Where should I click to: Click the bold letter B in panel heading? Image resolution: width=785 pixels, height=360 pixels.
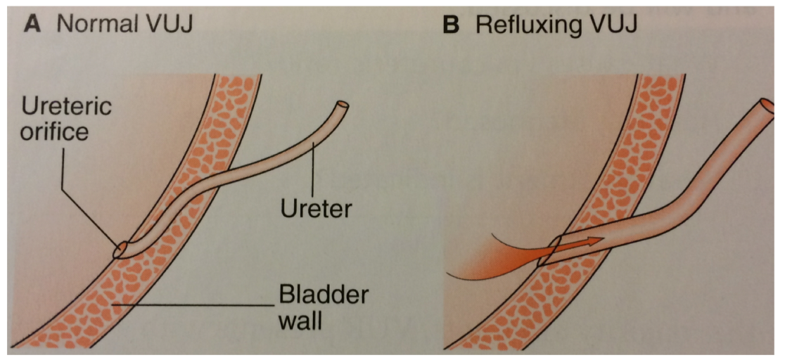click(451, 26)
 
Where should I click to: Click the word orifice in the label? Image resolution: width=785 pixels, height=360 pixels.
click(54, 131)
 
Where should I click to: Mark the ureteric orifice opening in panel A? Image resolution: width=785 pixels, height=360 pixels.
click(120, 250)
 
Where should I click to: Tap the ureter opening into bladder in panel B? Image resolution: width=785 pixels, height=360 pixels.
click(551, 250)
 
